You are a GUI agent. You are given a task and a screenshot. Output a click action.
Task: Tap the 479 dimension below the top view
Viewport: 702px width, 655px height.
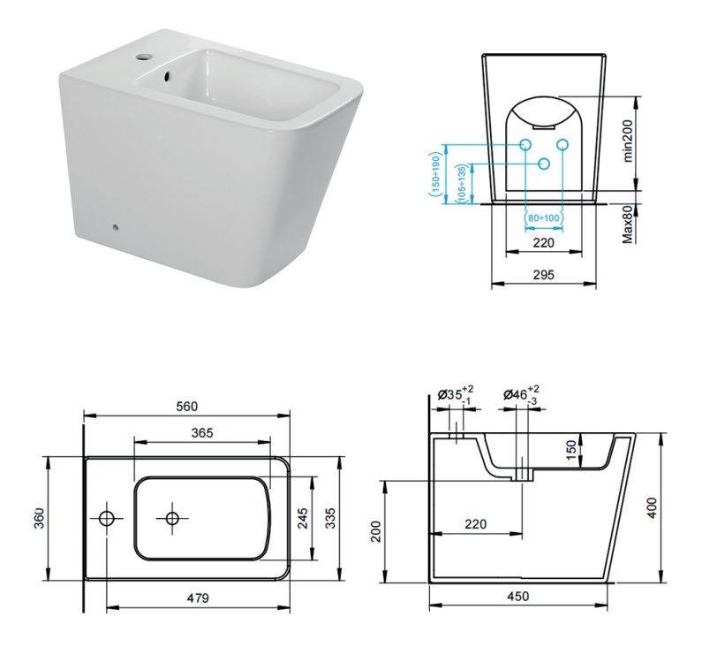pyautogui.click(x=198, y=598)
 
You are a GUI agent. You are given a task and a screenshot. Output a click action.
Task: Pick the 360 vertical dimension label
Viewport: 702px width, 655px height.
pyautogui.click(x=38, y=518)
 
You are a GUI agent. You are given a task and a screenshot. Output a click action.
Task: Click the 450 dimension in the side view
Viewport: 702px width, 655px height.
pyautogui.click(x=517, y=597)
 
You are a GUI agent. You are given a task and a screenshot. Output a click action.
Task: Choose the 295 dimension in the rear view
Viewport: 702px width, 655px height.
pyautogui.click(x=543, y=275)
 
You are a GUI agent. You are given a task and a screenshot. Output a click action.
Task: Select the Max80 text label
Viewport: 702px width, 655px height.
pyautogui.click(x=629, y=224)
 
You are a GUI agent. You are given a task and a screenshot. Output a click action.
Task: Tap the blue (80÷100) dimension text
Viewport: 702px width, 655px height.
pyautogui.click(x=543, y=217)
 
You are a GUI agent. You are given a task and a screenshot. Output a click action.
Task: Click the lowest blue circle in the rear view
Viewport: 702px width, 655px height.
pyautogui.click(x=544, y=164)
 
